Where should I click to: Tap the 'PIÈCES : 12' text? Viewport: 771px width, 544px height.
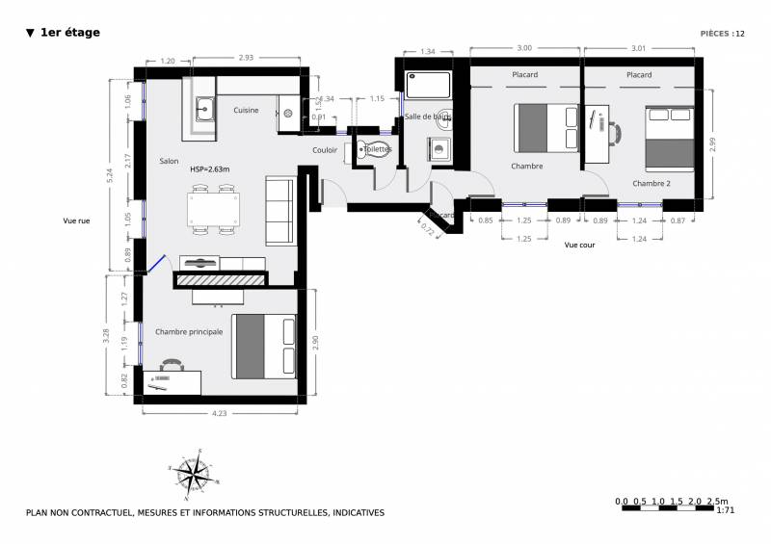click(x=723, y=33)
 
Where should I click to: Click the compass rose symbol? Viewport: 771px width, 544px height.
click(x=195, y=471)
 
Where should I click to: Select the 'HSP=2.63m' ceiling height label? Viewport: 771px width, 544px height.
click(x=210, y=168)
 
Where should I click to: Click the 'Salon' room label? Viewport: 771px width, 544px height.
click(x=170, y=161)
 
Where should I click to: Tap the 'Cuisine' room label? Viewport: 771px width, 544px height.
click(x=246, y=111)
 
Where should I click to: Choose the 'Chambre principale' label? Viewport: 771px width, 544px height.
click(x=189, y=331)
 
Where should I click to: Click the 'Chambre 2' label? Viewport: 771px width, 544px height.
click(x=651, y=182)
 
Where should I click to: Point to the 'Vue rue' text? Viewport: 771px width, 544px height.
click(x=76, y=220)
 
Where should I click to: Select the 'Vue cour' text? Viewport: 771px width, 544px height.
click(x=580, y=246)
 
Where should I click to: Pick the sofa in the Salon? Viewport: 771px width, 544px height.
click(x=280, y=211)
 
